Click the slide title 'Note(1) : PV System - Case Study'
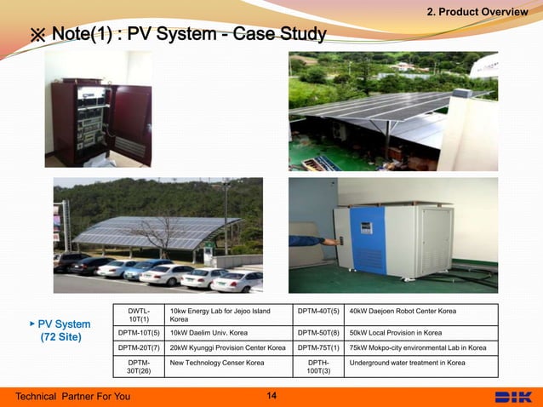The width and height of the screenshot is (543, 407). [178, 35]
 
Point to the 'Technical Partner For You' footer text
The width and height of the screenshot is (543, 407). [73, 397]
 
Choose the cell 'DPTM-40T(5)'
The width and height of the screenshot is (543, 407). [318, 311]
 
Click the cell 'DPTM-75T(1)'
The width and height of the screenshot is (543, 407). [318, 347]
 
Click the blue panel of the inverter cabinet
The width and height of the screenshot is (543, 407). [369, 243]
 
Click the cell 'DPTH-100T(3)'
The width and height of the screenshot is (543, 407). [318, 367]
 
